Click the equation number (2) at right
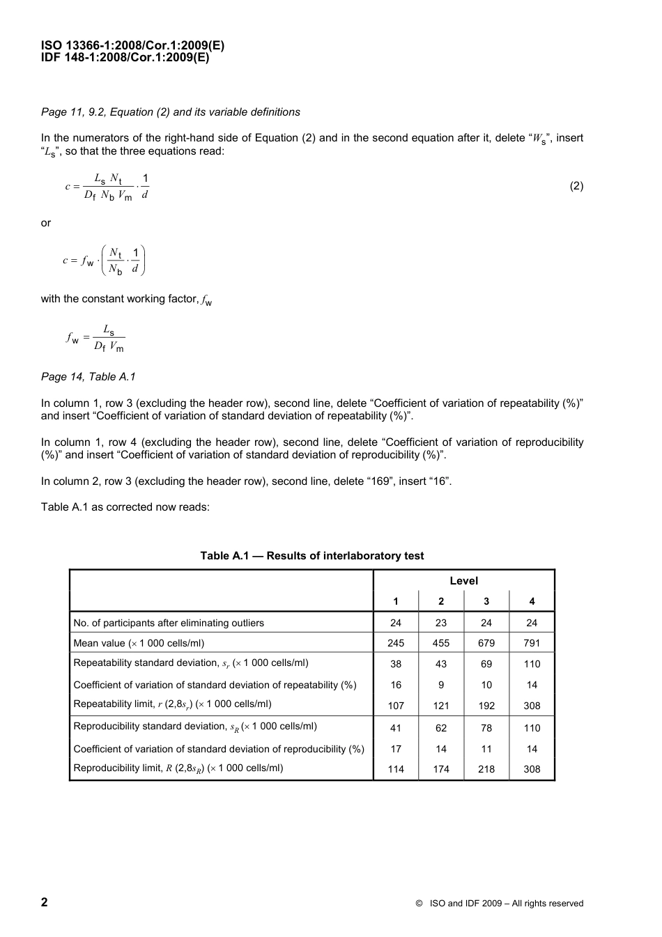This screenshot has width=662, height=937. coord(576,186)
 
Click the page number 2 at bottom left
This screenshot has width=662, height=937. coord(45,902)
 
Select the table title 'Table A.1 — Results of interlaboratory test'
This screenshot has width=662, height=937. coord(311,555)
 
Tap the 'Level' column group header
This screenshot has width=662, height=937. coord(463,580)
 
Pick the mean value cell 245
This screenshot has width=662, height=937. coord(396,643)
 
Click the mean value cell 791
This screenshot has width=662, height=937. coord(532,643)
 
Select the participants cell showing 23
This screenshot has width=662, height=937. coord(441,623)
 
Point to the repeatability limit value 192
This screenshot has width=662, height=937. coord(486,705)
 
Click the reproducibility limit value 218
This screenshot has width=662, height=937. coord(486,769)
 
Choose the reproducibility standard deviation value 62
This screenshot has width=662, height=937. coord(441,728)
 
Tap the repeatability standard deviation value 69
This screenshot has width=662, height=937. coord(486,664)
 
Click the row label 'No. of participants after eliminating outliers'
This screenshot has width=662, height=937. coord(169,623)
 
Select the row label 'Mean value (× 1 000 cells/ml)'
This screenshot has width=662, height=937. coord(139,643)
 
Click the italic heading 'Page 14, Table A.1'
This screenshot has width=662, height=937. coord(88,377)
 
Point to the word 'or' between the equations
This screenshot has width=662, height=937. coord(46,223)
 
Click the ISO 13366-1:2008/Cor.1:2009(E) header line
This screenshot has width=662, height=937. coord(132,46)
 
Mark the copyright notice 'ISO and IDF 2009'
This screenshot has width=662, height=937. coord(499,904)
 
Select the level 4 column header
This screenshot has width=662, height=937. coord(532,601)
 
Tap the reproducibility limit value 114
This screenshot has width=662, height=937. coord(396,769)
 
